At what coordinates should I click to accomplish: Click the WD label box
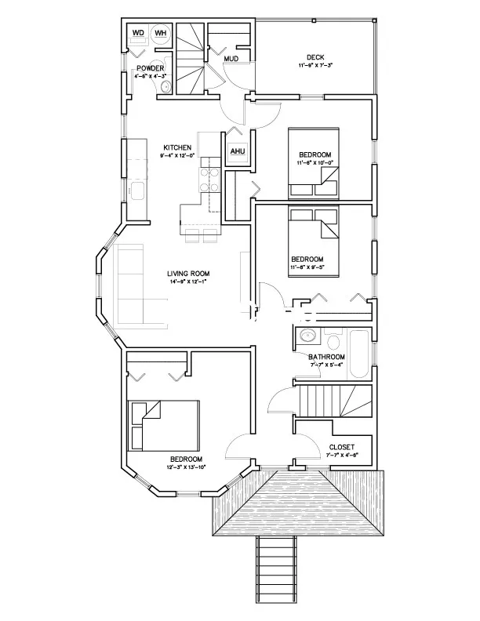click(138, 34)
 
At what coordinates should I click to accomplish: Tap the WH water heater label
click(160, 34)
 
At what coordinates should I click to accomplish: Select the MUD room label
click(231, 59)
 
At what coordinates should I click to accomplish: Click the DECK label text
click(315, 56)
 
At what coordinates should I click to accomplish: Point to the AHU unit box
click(238, 152)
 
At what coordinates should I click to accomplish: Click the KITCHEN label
click(177, 147)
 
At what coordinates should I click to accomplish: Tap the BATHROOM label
click(326, 357)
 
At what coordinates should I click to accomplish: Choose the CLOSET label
click(341, 447)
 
